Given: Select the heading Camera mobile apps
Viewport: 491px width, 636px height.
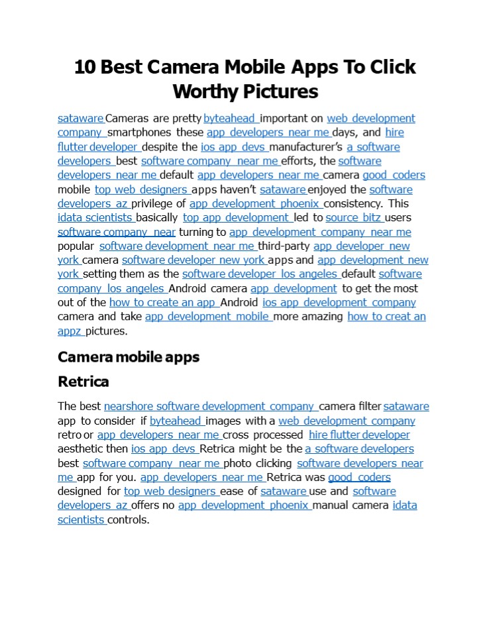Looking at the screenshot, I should coord(129,357).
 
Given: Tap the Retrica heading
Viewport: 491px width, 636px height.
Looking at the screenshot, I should coord(83,382).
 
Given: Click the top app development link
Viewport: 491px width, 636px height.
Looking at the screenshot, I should coord(237,218).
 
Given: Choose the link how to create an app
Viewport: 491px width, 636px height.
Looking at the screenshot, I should coord(163,303).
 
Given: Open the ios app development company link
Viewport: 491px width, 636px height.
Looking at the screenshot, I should coord(339,303).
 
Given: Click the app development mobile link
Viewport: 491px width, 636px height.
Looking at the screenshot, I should coord(207,317).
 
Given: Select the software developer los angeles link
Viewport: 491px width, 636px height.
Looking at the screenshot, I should coord(260,274).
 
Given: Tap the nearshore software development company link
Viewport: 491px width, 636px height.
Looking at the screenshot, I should coord(209,407).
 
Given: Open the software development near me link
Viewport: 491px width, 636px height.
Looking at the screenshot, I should coord(177,246).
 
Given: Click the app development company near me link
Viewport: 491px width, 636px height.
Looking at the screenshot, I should coord(320,233).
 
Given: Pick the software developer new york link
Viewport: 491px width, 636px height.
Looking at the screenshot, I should coord(193,260).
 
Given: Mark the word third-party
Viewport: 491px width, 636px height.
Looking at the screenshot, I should coord(284,246).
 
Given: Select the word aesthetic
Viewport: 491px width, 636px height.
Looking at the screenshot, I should coord(80,449).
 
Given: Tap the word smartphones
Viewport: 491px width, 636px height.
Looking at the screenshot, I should coord(140,133).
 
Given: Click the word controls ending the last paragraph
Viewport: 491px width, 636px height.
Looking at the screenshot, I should coord(129,520).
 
